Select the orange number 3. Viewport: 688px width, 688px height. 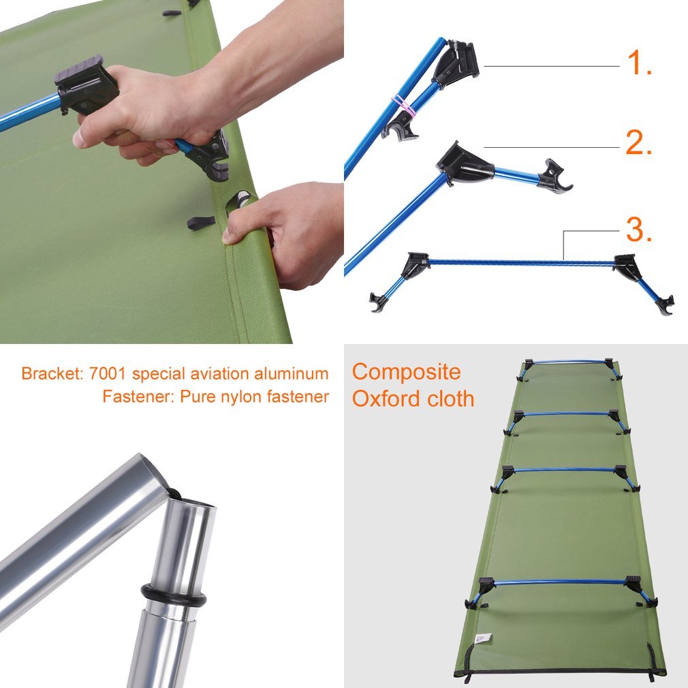638,231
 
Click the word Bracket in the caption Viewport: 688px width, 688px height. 47,374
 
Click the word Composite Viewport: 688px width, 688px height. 406,372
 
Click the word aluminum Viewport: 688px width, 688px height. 294,374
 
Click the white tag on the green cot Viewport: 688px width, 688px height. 482,638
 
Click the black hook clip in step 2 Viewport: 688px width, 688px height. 556,178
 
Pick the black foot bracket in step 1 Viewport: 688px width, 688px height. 458,65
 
